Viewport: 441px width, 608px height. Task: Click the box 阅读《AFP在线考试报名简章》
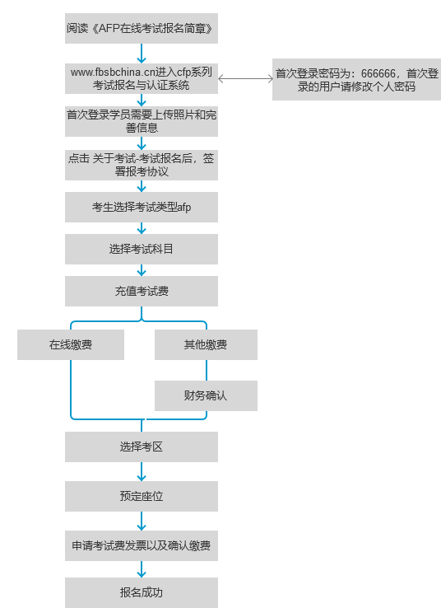click(x=142, y=28)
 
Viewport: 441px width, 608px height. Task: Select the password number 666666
click(x=378, y=73)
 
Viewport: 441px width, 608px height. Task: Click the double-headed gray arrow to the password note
click(x=245, y=79)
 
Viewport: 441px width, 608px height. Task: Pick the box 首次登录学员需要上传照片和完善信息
click(x=142, y=121)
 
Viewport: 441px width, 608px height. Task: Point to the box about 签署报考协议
click(x=142, y=166)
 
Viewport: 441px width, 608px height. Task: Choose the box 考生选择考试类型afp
click(x=142, y=207)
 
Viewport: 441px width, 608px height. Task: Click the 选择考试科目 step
click(x=142, y=249)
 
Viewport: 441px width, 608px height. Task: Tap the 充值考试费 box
click(x=142, y=291)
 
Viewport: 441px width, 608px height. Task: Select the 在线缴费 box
click(x=71, y=344)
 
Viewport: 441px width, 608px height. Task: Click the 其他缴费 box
click(x=206, y=344)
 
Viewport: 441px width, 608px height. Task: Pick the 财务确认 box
click(x=206, y=395)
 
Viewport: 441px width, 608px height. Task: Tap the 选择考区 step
click(x=142, y=447)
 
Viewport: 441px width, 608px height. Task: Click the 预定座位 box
click(x=142, y=496)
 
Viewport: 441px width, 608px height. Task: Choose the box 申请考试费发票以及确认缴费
click(x=142, y=545)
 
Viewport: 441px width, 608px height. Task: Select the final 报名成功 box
click(x=142, y=592)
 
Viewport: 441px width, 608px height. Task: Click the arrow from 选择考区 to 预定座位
click(x=142, y=471)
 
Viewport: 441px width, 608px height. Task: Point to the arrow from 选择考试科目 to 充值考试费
click(x=142, y=270)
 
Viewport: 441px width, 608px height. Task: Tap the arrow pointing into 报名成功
click(x=142, y=569)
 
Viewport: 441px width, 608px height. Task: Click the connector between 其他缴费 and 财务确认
click(x=207, y=370)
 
